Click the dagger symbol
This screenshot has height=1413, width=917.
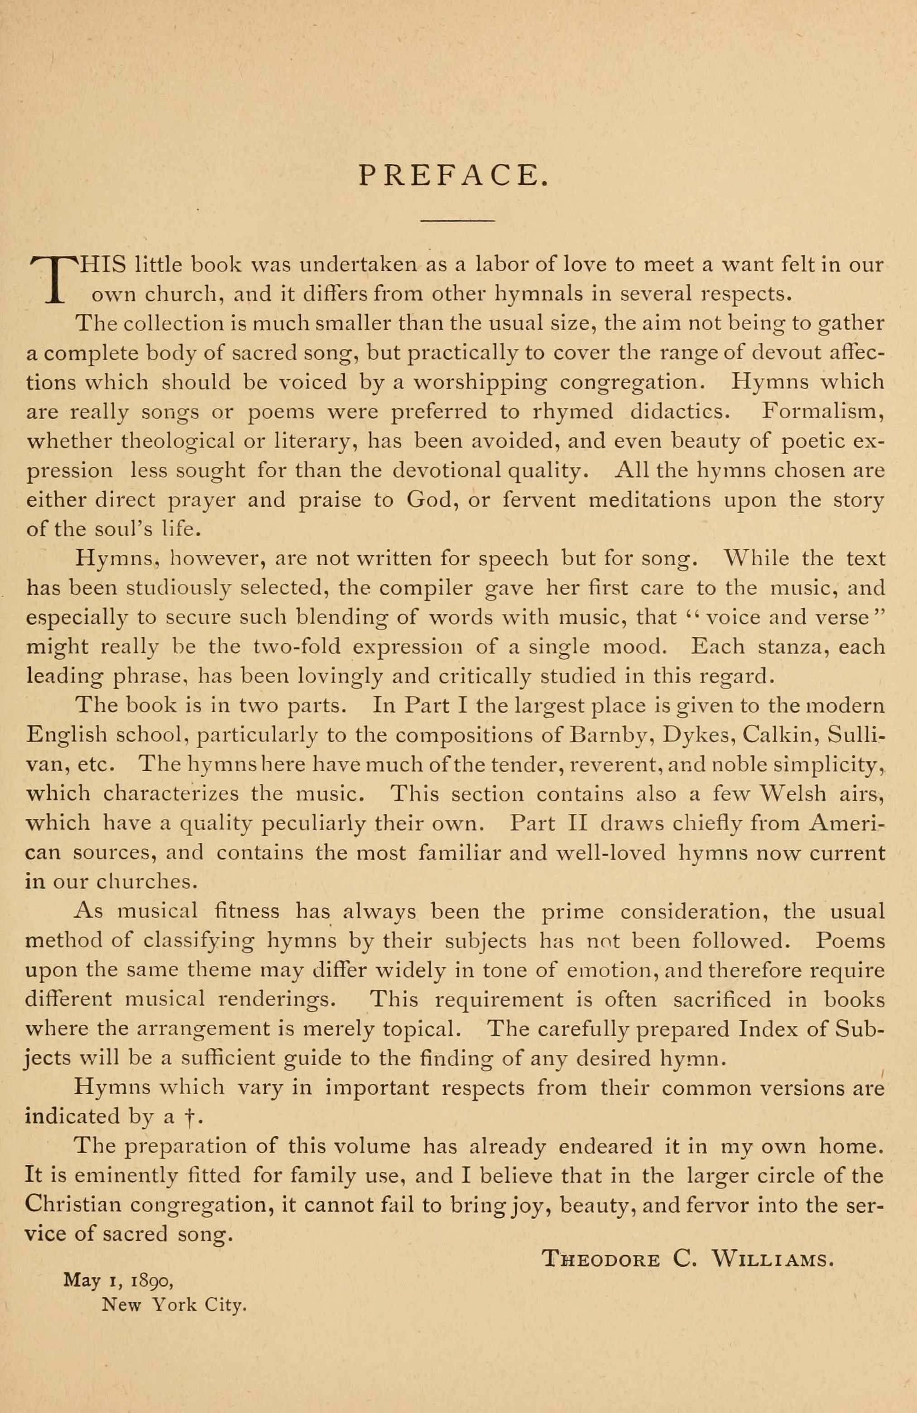tap(189, 1117)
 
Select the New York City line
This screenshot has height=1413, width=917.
tap(174, 1304)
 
